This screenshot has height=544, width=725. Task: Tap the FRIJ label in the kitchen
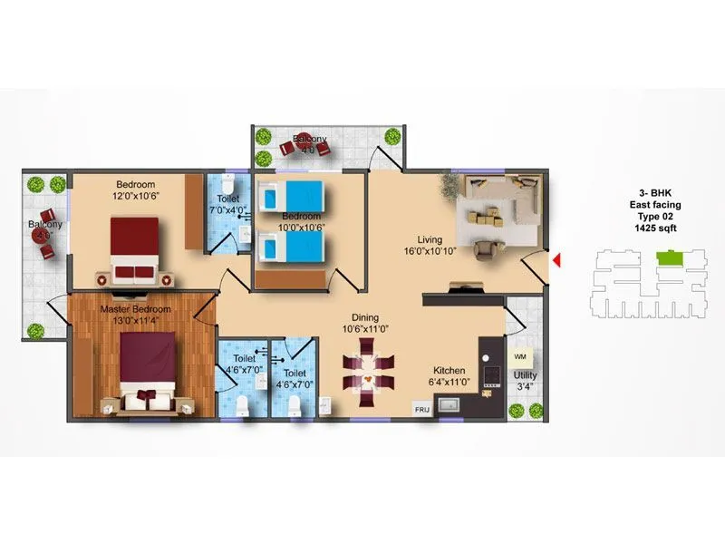pos(422,411)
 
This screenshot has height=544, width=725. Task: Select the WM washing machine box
pos(520,357)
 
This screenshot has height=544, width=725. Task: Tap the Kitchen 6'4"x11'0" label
pos(449,376)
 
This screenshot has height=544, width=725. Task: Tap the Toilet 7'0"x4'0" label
pos(227,205)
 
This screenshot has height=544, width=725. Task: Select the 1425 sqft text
pos(655,229)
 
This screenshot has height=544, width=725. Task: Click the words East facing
pos(655,206)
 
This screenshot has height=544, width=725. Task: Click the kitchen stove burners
pos(491,376)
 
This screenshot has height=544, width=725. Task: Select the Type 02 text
pos(655,218)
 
